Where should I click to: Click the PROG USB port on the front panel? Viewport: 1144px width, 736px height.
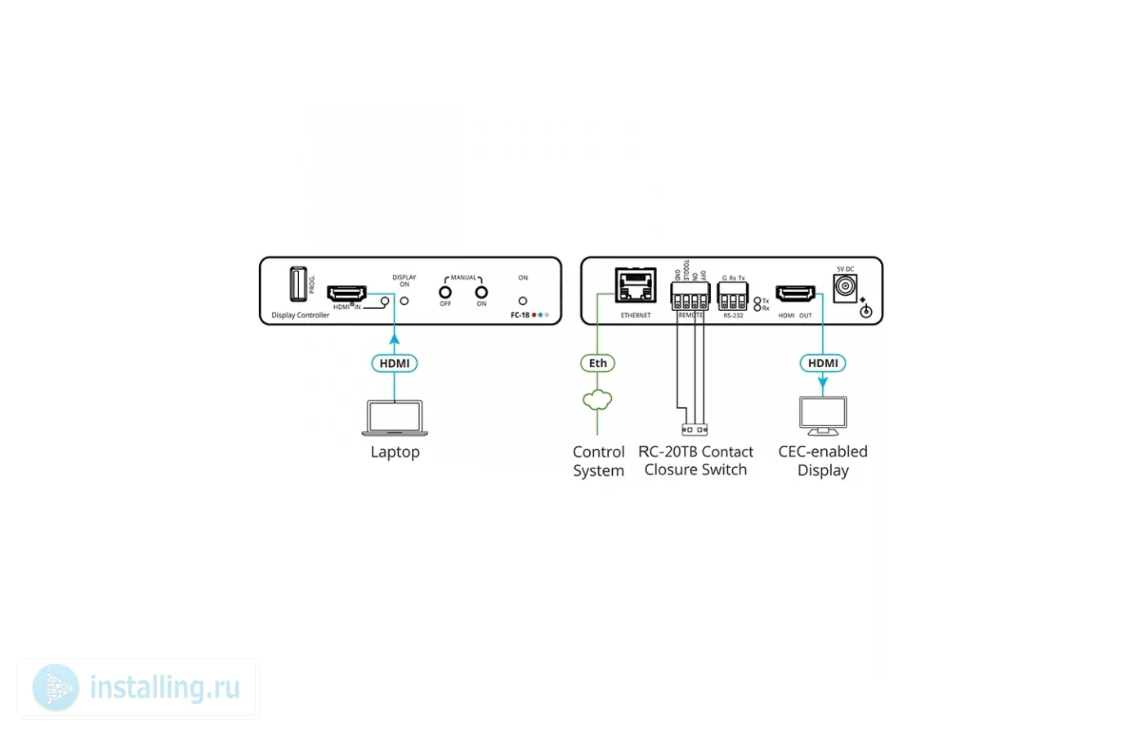point(298,285)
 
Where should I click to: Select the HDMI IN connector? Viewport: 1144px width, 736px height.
point(346,294)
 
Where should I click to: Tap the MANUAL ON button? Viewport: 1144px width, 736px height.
point(481,292)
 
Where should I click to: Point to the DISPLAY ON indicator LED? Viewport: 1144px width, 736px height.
point(404,301)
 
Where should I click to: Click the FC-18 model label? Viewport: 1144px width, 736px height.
point(520,315)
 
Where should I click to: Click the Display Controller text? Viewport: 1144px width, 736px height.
point(300,315)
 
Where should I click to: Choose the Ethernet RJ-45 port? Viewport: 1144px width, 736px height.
point(636,285)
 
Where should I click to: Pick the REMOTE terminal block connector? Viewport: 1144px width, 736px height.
point(690,295)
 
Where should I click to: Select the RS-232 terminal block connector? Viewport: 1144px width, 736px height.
point(732,295)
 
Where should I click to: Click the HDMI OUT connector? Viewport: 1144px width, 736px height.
point(795,294)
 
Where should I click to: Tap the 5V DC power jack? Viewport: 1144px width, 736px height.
point(844,288)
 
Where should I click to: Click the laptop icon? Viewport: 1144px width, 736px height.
point(395,418)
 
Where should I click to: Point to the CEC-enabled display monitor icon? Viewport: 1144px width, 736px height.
point(823,416)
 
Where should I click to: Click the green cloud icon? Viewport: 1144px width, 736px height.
point(597,400)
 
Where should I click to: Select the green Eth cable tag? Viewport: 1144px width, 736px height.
point(597,363)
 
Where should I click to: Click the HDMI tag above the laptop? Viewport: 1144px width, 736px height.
point(395,363)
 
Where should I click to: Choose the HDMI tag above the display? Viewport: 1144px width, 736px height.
point(823,363)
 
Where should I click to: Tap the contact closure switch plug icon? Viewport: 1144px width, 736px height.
point(695,429)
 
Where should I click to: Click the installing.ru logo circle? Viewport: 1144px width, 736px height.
point(56,687)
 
